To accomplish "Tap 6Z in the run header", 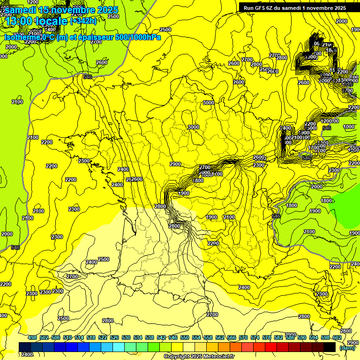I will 272,8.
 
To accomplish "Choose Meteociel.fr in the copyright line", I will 219,357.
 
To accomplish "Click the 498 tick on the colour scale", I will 32,338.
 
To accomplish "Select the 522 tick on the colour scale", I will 103,338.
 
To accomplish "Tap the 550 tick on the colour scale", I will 185,338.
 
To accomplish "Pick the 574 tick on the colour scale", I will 255,338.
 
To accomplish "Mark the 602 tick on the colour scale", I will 337,338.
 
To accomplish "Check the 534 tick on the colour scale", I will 138,338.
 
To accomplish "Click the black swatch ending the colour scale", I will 330,347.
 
